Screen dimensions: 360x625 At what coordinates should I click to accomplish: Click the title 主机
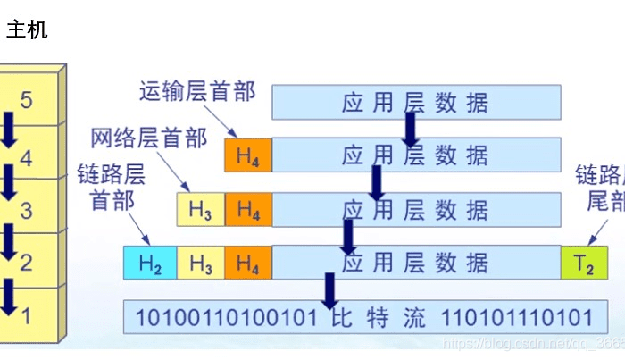[x=27, y=30]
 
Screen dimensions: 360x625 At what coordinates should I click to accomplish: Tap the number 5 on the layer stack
[x=27, y=100]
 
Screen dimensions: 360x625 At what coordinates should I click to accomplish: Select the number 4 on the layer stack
[x=27, y=160]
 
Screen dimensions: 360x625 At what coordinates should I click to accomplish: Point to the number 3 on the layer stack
[x=27, y=212]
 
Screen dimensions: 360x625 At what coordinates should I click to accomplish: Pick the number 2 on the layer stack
[x=27, y=264]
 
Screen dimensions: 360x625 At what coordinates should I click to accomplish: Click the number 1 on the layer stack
[x=27, y=315]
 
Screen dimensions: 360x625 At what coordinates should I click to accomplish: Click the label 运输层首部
[x=197, y=91]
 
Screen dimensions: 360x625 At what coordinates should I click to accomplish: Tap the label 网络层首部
[x=149, y=138]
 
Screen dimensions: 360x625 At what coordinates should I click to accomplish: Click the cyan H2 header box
[x=150, y=264]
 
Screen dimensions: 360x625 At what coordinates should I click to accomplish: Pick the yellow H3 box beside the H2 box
[x=201, y=264]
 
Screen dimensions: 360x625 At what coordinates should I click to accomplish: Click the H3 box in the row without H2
[x=201, y=212]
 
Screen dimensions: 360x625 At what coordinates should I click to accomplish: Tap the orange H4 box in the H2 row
[x=248, y=264]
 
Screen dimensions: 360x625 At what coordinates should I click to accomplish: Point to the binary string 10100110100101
[x=229, y=317]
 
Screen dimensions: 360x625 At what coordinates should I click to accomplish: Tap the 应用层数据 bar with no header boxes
[x=416, y=103]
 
